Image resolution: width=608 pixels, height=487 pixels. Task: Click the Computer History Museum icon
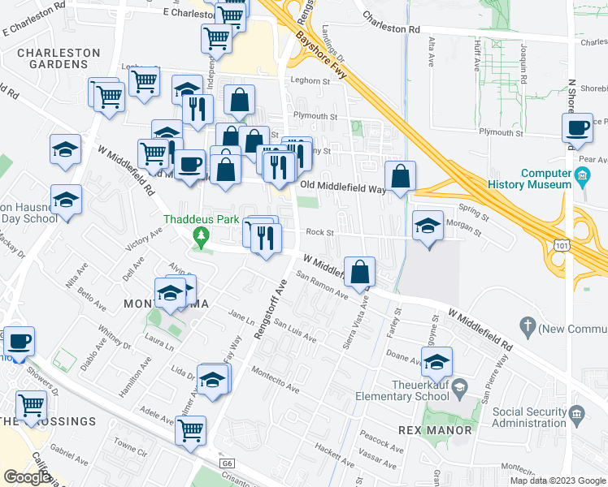582,176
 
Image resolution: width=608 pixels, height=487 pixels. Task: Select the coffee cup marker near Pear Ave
578,128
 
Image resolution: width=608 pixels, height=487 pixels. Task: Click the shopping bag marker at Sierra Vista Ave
358,273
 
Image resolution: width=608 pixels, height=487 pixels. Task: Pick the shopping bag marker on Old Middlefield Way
401,177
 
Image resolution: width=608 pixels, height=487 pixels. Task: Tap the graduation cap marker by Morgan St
428,226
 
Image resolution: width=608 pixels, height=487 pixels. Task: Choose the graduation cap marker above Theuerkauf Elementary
436,361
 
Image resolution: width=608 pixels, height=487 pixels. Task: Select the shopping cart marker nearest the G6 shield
191,431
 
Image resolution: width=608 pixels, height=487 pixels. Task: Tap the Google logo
27,476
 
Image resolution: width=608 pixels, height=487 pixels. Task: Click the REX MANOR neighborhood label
435,429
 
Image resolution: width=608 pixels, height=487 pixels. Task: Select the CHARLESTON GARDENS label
61,59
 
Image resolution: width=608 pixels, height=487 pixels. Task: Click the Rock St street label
319,232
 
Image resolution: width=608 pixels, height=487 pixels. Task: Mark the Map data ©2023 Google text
557,481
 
